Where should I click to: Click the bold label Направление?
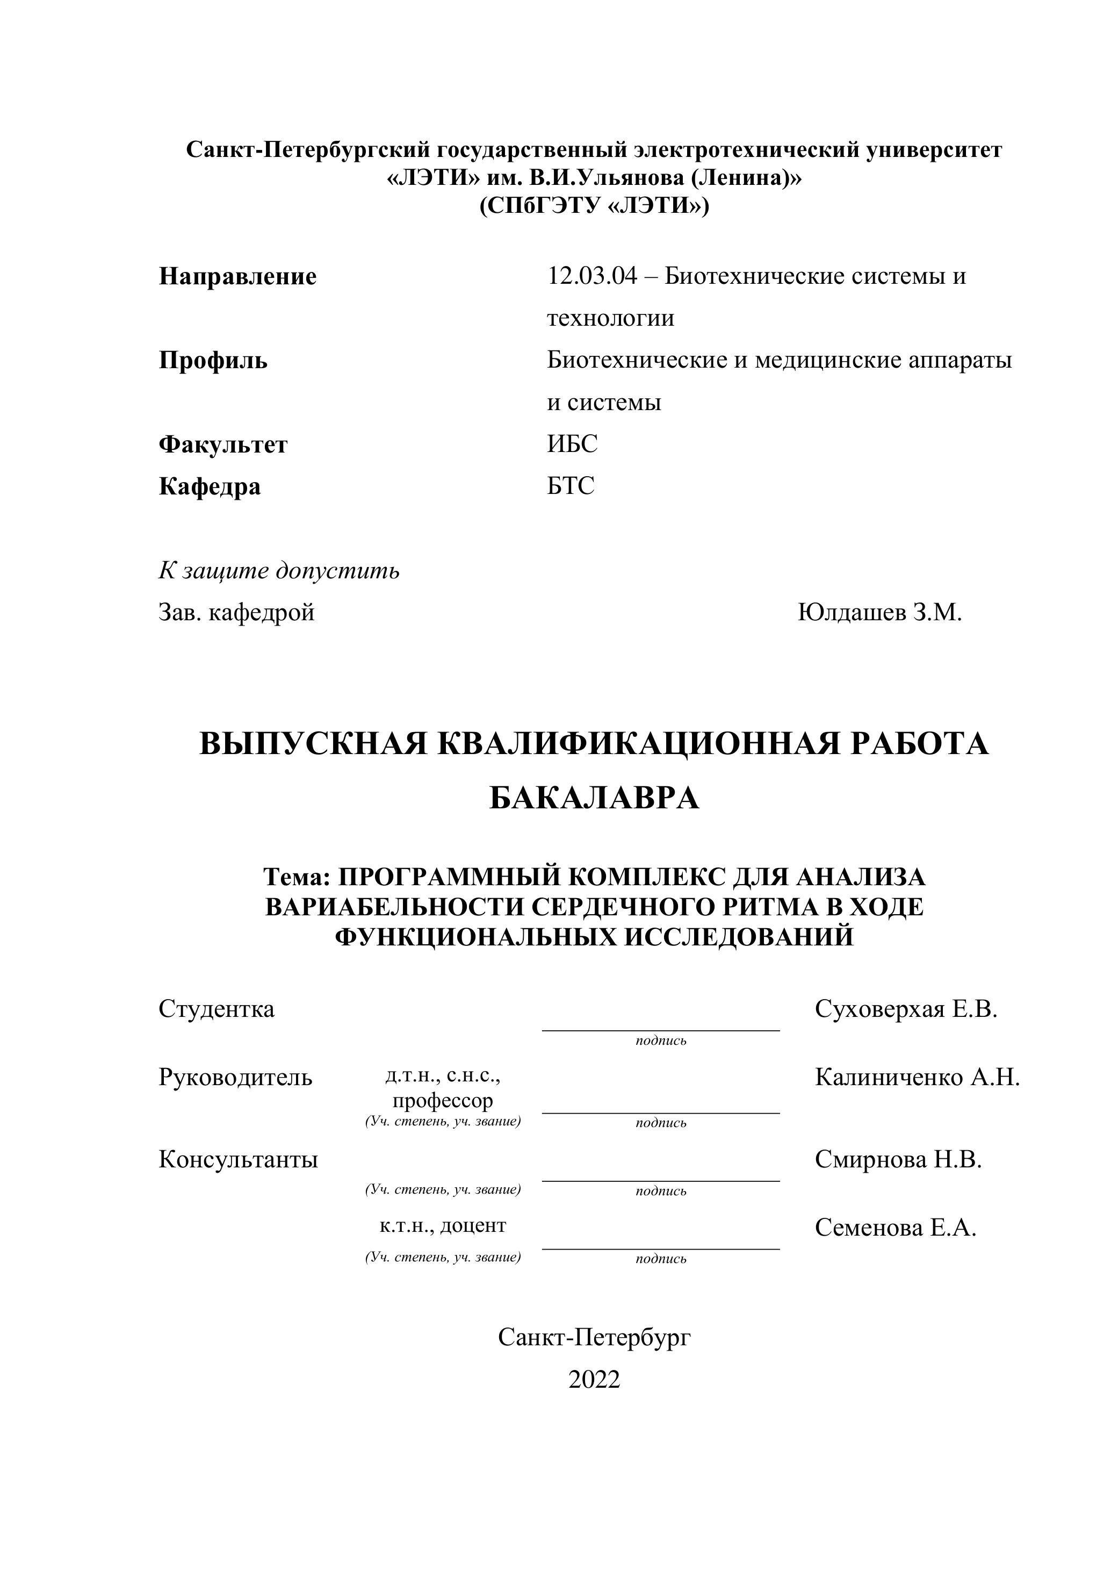pos(237,276)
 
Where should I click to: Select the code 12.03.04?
pos(591,276)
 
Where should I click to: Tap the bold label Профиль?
pos(213,360)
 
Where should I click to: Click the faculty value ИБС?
pos(572,444)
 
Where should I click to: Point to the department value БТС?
pos(571,486)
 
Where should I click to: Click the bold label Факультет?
pos(223,445)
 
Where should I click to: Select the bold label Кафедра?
pos(210,486)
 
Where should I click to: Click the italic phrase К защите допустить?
pos(279,570)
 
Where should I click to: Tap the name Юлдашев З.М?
pos(880,612)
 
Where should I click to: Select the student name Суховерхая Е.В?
pos(906,1009)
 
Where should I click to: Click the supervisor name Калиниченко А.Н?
pos(917,1077)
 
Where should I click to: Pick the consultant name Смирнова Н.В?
pos(898,1159)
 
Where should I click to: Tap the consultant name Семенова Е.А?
pos(896,1228)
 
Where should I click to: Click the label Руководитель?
pos(235,1077)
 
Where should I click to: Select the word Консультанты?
pos(238,1159)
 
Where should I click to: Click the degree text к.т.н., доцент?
pos(443,1225)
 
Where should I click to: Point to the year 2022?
pos(594,1380)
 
